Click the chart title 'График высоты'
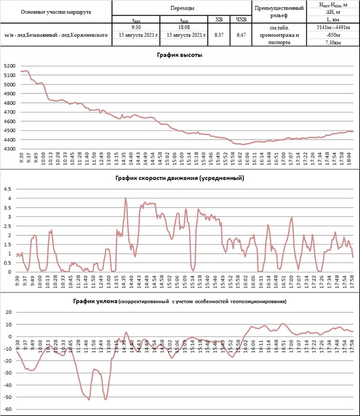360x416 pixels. [x=179, y=55]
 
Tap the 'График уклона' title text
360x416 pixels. [x=95, y=301]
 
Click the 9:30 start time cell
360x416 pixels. [x=137, y=27]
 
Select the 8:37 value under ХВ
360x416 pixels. [x=219, y=35]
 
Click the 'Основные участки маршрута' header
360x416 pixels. [x=55, y=12]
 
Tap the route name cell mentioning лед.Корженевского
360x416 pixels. [x=55, y=35]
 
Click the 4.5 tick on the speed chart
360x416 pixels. [x=9, y=189]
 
